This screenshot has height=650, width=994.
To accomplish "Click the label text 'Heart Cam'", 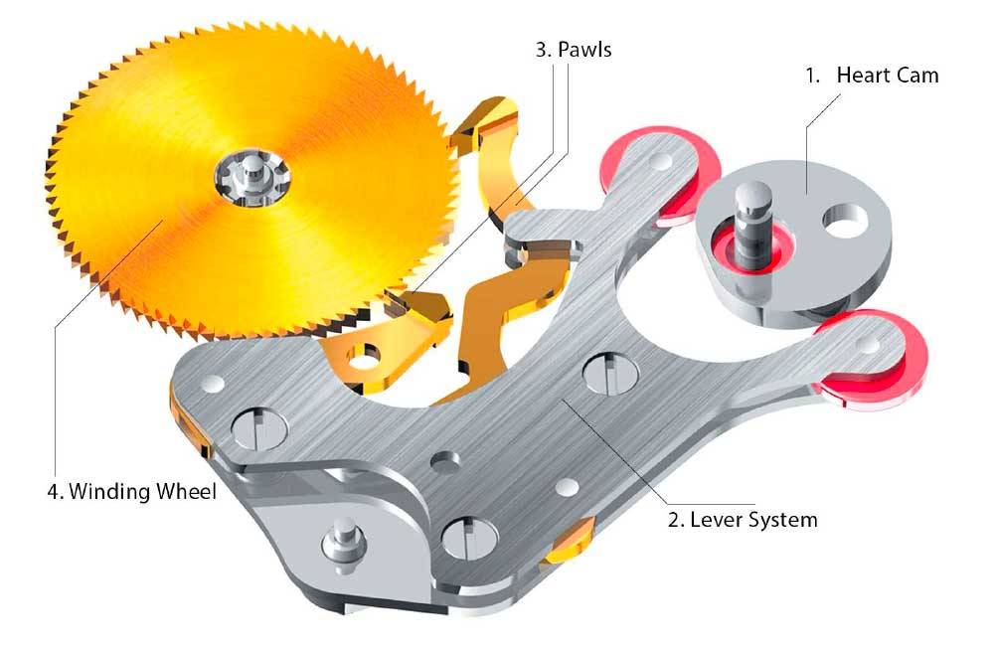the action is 887,76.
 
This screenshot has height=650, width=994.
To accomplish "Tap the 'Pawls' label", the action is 584,50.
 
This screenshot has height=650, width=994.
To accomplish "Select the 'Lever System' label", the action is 753,520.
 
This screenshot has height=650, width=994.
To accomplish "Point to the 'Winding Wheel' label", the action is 142,491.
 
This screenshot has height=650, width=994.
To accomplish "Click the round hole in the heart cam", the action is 845,222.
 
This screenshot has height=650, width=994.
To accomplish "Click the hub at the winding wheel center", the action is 251,178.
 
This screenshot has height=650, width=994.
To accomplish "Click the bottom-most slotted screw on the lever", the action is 469,539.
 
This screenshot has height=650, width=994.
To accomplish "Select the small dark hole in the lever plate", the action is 445,461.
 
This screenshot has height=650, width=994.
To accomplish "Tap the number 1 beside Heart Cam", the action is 813,76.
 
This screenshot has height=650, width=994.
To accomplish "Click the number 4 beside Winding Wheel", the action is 55,491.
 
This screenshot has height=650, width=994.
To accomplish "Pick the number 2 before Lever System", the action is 676,520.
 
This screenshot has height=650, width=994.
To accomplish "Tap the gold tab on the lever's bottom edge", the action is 570,543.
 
